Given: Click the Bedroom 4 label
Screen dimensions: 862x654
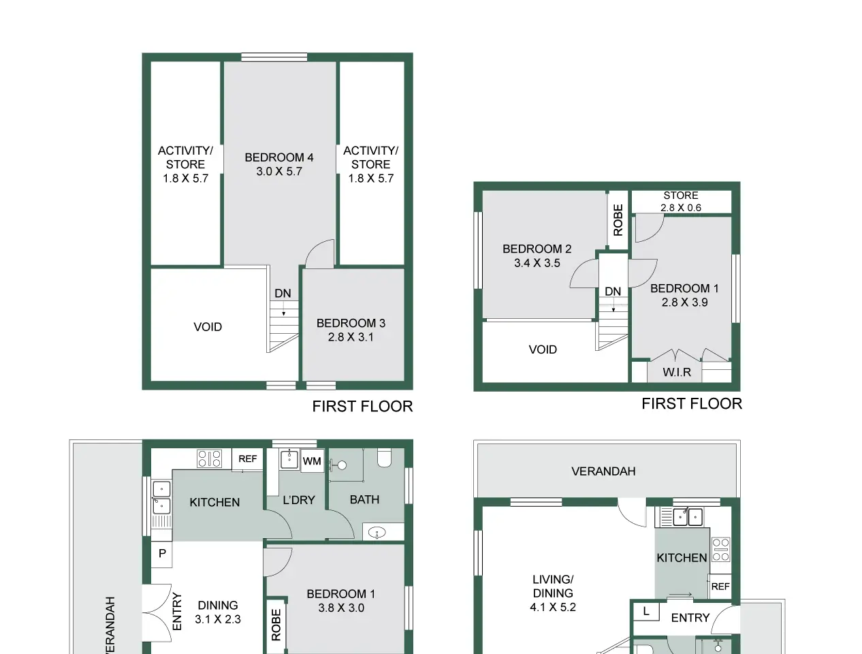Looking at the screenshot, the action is (x=279, y=157).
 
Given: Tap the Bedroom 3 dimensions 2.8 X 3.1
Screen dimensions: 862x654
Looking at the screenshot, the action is (x=351, y=337).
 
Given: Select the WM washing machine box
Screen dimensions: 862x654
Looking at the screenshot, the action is (x=312, y=461).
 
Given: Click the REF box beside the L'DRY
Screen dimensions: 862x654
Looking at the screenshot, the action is (x=247, y=458).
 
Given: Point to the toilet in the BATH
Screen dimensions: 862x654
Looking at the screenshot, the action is (x=384, y=457).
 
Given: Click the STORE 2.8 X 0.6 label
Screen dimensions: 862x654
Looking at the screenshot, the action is (x=681, y=202).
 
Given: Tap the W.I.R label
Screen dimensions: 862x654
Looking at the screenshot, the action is (x=677, y=372).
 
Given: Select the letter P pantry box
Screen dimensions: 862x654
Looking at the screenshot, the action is (x=162, y=554).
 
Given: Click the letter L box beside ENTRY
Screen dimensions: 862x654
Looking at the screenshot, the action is (x=646, y=611).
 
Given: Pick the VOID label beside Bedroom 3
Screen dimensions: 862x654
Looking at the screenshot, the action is (x=208, y=327).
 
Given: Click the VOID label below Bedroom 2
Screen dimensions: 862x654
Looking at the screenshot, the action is (x=543, y=349).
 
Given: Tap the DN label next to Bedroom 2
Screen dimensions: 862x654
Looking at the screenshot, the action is (x=613, y=292).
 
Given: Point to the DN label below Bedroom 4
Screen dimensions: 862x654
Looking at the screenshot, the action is (x=283, y=293).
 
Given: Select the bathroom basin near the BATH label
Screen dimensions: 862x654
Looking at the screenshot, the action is (x=377, y=533).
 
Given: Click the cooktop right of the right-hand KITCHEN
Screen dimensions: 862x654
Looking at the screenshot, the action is (x=720, y=549).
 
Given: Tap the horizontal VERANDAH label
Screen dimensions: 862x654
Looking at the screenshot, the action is (x=603, y=471).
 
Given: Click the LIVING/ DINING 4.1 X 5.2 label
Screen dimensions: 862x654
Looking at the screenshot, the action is (x=553, y=593).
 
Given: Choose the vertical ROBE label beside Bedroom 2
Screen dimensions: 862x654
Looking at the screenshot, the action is (x=618, y=220).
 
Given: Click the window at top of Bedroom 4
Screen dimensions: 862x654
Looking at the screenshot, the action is (x=274, y=57).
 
